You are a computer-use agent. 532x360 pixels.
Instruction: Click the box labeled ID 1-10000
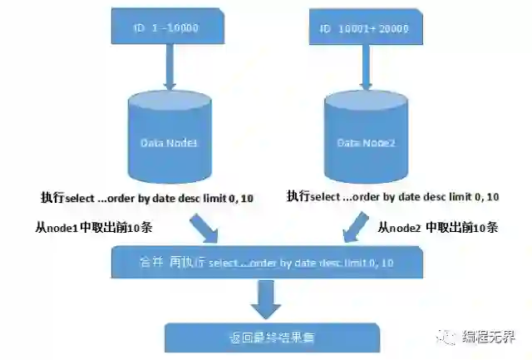coord(168,27)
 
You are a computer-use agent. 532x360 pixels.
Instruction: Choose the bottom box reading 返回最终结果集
coord(272,338)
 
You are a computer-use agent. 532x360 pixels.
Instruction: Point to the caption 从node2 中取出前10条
coord(438,226)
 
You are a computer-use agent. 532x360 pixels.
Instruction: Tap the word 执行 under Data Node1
coord(52,197)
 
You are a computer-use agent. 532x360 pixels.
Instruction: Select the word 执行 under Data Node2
coord(298,197)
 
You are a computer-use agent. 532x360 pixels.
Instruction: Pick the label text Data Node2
coord(365,143)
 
